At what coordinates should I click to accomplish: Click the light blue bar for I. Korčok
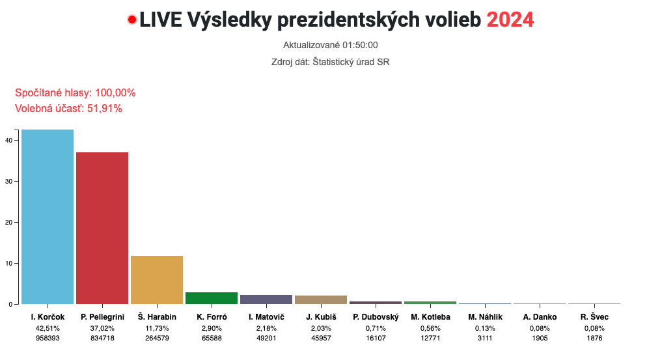pos(48,217)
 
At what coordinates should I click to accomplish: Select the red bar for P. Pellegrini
pos(102,228)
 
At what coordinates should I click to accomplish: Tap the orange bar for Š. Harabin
pos(157,280)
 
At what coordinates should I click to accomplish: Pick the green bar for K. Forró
pos(212,298)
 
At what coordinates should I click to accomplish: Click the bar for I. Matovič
pos(266,299)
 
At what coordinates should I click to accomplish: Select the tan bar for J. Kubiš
pos(321,299)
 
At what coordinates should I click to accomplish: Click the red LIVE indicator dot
pos(132,20)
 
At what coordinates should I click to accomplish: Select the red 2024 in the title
pos(510,20)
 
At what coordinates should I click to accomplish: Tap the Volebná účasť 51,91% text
pos(68,109)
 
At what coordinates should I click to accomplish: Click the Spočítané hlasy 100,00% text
pos(75,93)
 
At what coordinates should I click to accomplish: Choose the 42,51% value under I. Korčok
pos(48,328)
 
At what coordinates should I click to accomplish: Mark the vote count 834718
pos(102,338)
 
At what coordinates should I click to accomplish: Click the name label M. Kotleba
pos(430,317)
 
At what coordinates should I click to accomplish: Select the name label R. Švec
pos(594,317)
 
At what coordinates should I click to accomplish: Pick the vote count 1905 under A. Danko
pos(540,338)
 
